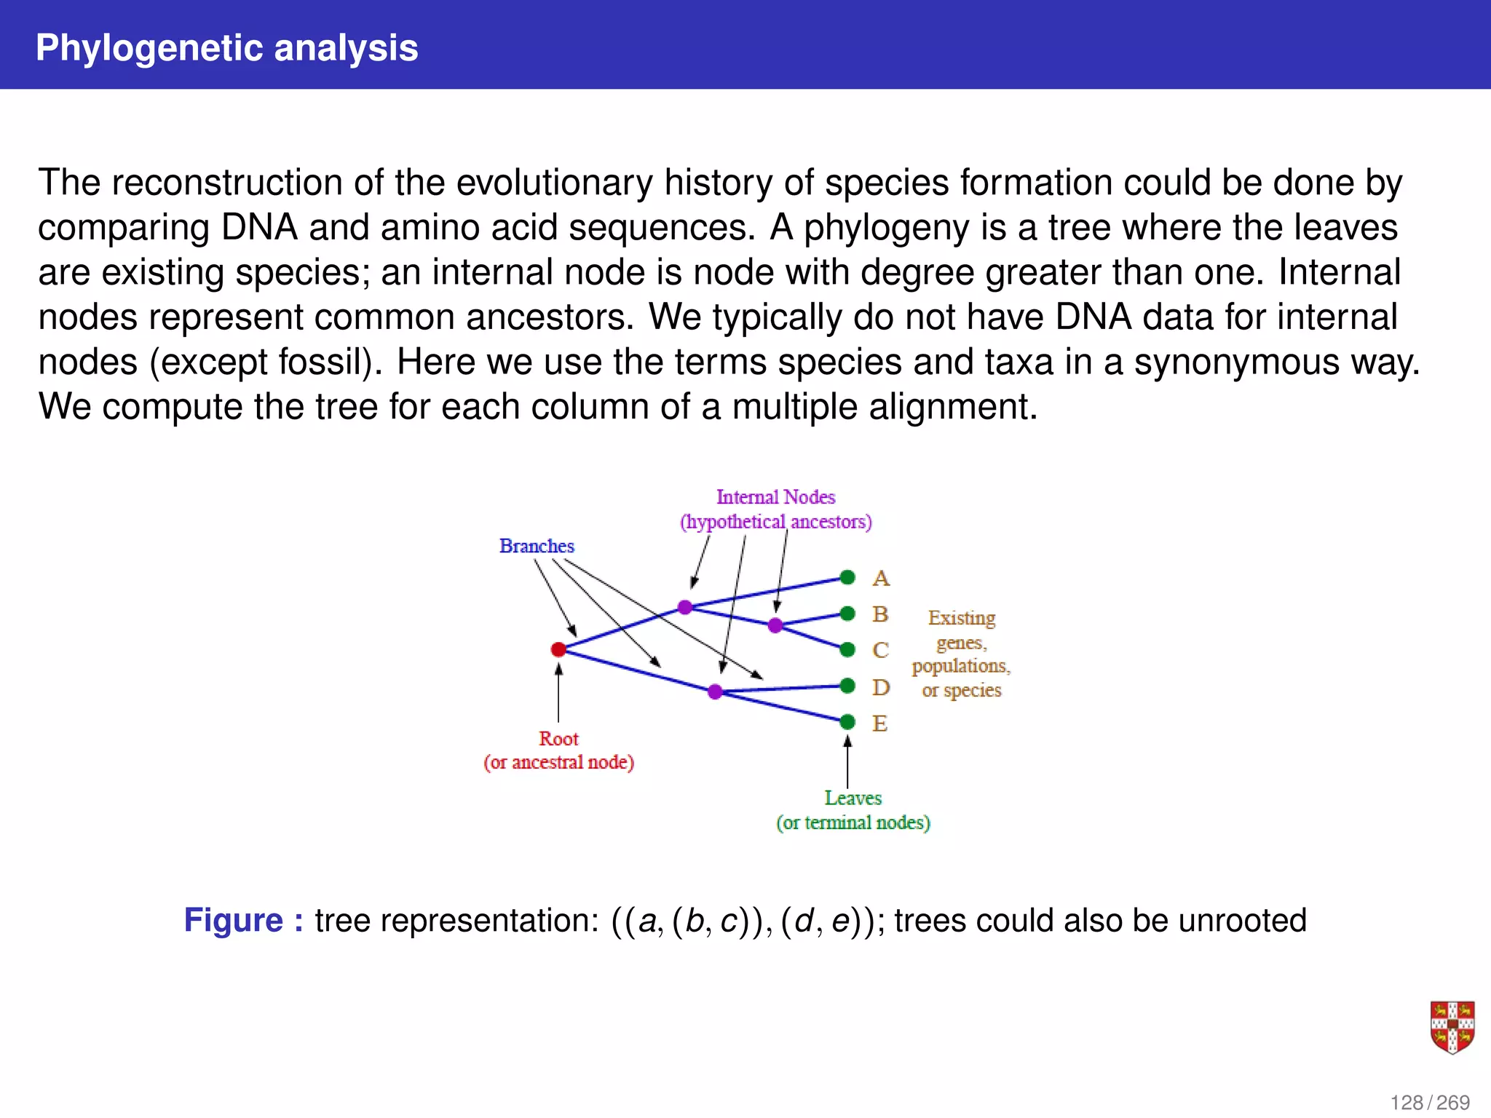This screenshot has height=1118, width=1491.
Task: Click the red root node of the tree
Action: pyautogui.click(x=558, y=649)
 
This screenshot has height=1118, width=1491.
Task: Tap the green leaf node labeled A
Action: pyautogui.click(x=847, y=577)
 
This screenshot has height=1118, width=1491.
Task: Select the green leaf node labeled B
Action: pyautogui.click(x=847, y=614)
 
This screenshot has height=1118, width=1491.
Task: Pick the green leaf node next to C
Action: pyautogui.click(x=847, y=649)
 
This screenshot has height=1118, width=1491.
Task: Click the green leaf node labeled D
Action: pyautogui.click(x=847, y=686)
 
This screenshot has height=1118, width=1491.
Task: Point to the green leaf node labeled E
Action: pyautogui.click(x=847, y=722)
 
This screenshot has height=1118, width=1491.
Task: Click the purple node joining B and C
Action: pyautogui.click(x=775, y=625)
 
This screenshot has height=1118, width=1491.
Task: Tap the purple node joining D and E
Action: pyautogui.click(x=715, y=691)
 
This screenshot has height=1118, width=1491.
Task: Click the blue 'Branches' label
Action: pyautogui.click(x=537, y=546)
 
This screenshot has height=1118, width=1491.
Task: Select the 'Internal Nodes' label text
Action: pyautogui.click(x=775, y=497)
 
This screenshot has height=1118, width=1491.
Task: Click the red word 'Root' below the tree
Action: pyautogui.click(x=558, y=739)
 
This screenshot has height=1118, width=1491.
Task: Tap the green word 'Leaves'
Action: pyautogui.click(x=853, y=798)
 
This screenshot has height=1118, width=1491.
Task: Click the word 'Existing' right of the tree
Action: pyautogui.click(x=961, y=618)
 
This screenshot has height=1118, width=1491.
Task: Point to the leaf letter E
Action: pyautogui.click(x=879, y=723)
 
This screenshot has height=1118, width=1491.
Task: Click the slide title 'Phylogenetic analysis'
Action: pyautogui.click(x=227, y=48)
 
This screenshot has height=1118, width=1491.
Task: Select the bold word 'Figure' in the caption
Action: pyautogui.click(x=233, y=920)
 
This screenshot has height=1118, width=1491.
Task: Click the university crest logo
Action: pyautogui.click(x=1452, y=1027)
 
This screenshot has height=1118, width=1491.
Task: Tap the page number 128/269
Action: pyautogui.click(x=1430, y=1103)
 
